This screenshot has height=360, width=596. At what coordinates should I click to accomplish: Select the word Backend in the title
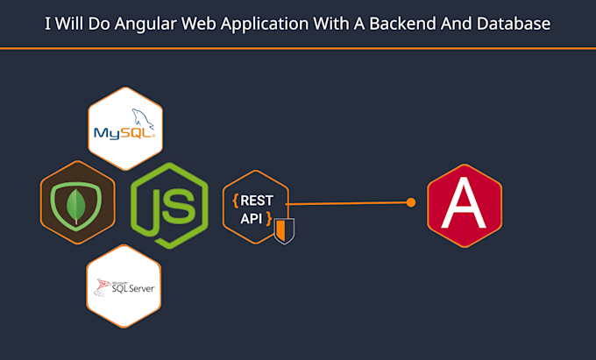(416, 24)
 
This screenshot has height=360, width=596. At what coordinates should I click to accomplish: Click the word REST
(256, 200)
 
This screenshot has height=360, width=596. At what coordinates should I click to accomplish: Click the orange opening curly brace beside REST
(234, 201)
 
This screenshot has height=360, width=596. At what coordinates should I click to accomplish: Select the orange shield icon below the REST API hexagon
(282, 231)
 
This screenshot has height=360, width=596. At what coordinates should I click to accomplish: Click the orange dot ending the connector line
(410, 202)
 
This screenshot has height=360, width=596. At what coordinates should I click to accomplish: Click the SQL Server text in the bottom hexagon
(127, 286)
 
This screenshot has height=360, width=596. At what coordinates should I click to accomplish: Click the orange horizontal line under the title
(298, 48)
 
